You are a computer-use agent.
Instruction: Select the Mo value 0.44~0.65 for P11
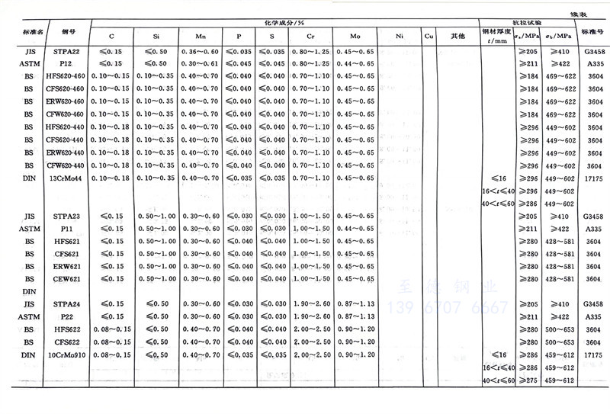pos(355,229)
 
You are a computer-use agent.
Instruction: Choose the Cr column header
pos(311,36)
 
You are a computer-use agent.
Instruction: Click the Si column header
pos(156,36)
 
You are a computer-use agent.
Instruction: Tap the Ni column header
pos(400,36)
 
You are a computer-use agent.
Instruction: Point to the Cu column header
pos(429,36)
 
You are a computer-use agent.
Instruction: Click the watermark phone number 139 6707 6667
pos(448,307)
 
